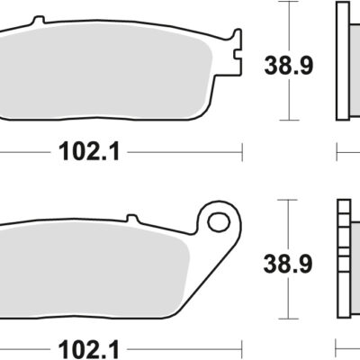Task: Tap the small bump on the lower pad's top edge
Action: click(x=130, y=218)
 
